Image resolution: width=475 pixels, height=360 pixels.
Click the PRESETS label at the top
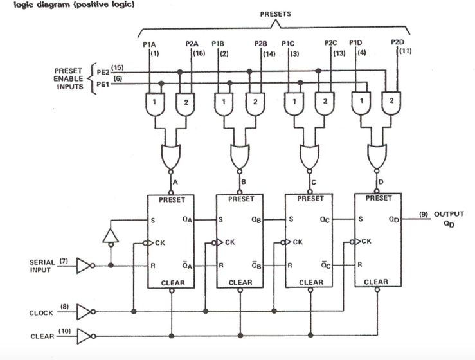(x=275, y=14)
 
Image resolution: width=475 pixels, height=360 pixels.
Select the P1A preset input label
(x=149, y=44)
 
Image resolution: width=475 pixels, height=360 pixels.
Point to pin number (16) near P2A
(x=199, y=53)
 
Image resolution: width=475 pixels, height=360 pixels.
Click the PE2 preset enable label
(x=103, y=72)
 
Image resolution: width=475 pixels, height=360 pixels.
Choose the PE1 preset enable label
(x=103, y=84)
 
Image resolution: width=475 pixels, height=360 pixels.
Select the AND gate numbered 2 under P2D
(x=390, y=104)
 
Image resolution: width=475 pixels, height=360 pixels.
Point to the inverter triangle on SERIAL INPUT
(x=84, y=264)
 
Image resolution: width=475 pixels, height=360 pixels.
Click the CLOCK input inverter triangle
(x=84, y=312)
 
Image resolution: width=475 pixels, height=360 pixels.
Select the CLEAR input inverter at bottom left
(x=84, y=336)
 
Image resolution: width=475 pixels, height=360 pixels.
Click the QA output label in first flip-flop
(x=186, y=219)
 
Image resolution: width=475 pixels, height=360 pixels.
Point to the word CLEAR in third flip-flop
(x=311, y=282)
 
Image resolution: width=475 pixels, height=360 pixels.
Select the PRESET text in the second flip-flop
(x=241, y=199)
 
